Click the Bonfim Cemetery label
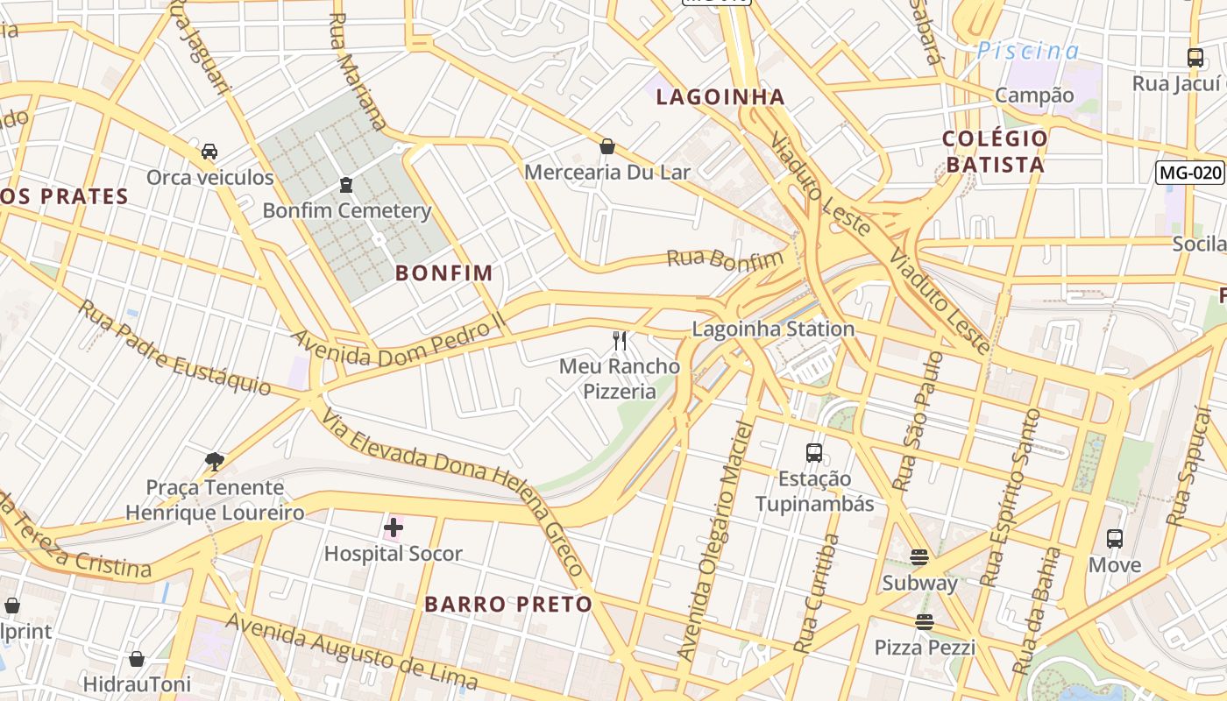347,210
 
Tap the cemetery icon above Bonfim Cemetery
346,185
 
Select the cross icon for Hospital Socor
394,528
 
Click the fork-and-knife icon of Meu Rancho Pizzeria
620,341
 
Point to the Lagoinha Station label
773,329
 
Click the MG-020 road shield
1189,173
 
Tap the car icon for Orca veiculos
209,152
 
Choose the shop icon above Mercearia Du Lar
606,146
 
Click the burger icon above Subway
919,557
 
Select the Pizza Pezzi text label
925,648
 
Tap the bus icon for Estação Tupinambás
814,453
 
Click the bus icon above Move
1115,539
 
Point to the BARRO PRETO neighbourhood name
508,604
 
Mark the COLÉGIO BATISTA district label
995,152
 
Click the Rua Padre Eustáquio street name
175,347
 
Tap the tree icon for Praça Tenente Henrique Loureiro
214,461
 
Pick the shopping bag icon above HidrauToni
137,658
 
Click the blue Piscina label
1028,51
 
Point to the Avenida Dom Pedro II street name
399,339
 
